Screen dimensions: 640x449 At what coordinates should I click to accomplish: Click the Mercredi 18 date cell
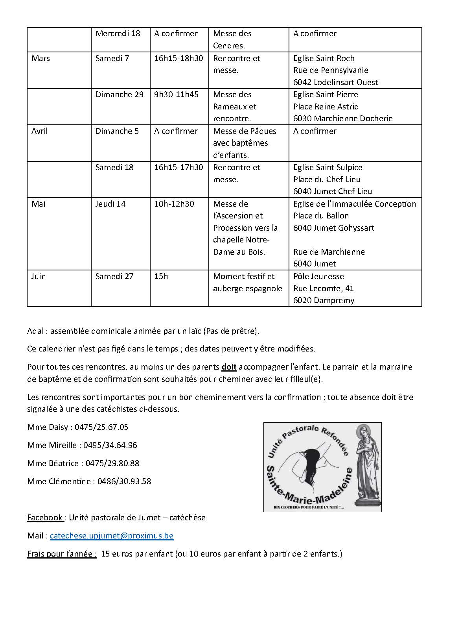[118, 33]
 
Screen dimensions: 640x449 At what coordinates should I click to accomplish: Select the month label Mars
[40, 58]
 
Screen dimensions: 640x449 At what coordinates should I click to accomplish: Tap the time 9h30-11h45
[176, 94]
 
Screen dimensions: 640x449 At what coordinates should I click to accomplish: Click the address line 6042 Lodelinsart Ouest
[335, 82]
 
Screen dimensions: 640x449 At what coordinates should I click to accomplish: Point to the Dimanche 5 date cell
[117, 131]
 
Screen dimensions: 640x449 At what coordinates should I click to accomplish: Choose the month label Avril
[39, 131]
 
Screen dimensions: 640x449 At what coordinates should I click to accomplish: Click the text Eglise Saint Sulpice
[328, 167]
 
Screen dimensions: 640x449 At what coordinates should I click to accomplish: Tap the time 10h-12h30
[174, 204]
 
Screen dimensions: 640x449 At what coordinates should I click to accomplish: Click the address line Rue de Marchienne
[329, 252]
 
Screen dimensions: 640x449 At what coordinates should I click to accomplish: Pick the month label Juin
[39, 276]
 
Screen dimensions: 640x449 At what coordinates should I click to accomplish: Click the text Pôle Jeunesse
[318, 276]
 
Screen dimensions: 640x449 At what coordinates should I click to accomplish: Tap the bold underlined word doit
[229, 367]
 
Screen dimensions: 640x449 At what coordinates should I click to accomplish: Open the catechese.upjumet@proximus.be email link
[112, 536]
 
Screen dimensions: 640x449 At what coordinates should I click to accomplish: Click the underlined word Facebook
[45, 518]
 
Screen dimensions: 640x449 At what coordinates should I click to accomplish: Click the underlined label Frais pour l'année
[62, 554]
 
